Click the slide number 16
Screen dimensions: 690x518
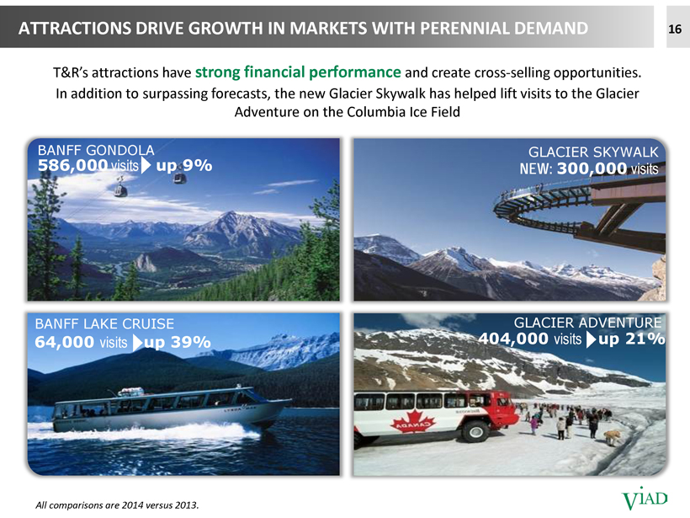pyautogui.click(x=675, y=29)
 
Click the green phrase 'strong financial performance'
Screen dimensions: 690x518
pyautogui.click(x=298, y=72)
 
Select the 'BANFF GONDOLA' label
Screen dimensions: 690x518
pyautogui.click(x=96, y=150)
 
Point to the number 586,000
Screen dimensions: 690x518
pyautogui.click(x=72, y=166)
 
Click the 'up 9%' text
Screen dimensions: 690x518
pyautogui.click(x=184, y=166)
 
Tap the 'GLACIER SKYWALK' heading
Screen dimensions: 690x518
pyautogui.click(x=593, y=152)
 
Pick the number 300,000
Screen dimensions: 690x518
pyautogui.click(x=592, y=168)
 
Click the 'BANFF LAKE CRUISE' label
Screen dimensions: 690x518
pyautogui.click(x=104, y=323)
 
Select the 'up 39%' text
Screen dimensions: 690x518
pyautogui.click(x=178, y=342)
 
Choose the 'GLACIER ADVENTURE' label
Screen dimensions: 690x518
pyautogui.click(x=588, y=323)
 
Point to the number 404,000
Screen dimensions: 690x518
pyautogui.click(x=513, y=339)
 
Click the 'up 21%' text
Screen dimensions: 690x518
pyautogui.click(x=631, y=339)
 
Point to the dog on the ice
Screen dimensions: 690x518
pyautogui.click(x=613, y=437)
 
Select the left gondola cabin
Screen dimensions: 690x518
pyautogui.click(x=120, y=189)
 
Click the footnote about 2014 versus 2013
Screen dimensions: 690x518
pyautogui.click(x=117, y=505)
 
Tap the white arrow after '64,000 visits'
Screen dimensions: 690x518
pyautogui.click(x=138, y=342)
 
